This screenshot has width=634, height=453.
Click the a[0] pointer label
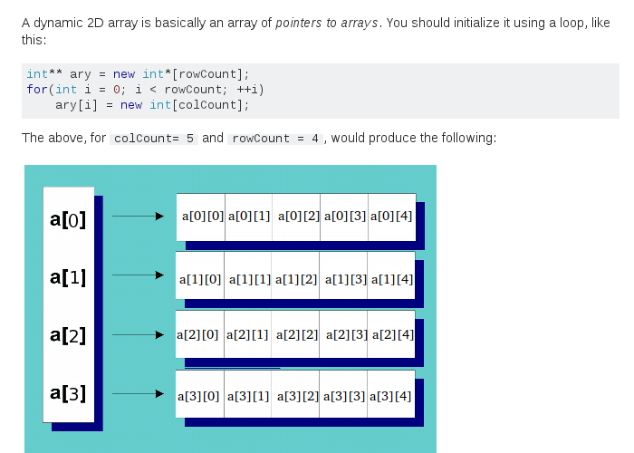(68, 218)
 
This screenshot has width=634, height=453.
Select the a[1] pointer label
(68, 277)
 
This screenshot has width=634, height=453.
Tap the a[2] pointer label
(68, 336)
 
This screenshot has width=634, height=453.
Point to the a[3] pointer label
(68, 394)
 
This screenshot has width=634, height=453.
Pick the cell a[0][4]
(391, 217)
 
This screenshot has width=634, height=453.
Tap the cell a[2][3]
(345, 334)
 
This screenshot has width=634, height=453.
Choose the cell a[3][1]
(249, 396)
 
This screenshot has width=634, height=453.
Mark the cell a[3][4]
(391, 396)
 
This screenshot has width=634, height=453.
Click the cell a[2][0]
(200, 334)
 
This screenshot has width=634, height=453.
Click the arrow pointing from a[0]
(137, 217)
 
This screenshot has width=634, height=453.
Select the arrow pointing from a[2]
(137, 334)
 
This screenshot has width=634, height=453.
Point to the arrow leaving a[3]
(137, 394)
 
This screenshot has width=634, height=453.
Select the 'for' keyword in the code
(36, 90)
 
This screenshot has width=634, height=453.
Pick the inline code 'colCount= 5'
(153, 139)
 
